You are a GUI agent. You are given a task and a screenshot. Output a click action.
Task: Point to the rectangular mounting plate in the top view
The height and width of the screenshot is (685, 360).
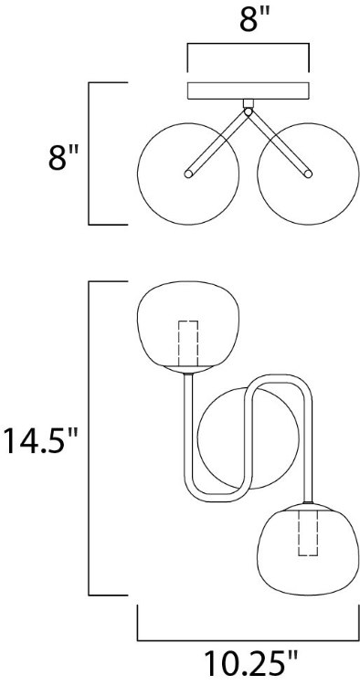click(249, 91)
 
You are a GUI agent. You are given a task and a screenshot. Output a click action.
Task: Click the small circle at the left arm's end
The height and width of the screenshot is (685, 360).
click(188, 171)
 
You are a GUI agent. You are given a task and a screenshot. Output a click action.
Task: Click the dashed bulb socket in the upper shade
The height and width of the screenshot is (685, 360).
click(188, 342)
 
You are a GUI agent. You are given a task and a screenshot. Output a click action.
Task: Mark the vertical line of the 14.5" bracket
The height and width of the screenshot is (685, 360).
click(90, 439)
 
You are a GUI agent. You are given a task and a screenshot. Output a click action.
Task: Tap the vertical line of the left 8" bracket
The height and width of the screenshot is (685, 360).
click(90, 153)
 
